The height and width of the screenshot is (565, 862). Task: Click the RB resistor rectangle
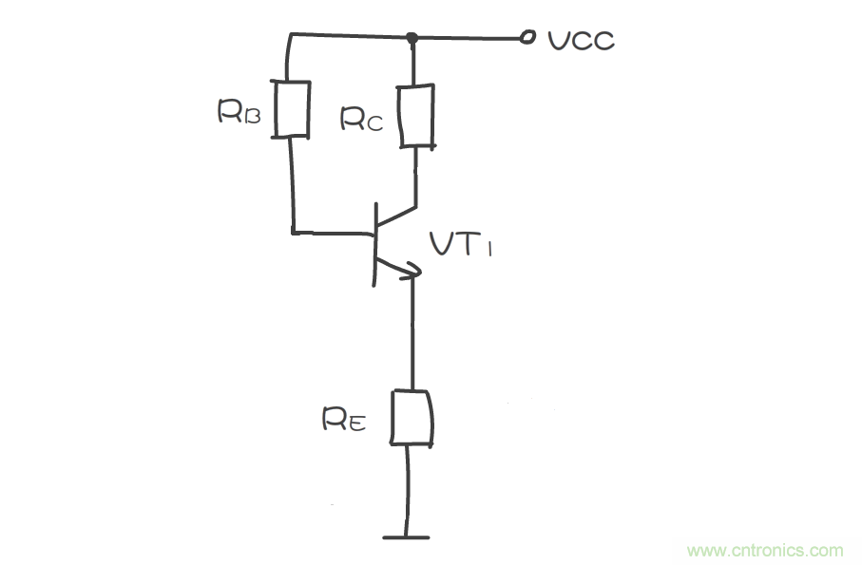[292, 108]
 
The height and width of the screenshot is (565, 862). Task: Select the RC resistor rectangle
[415, 116]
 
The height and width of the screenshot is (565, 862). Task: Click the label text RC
[362, 119]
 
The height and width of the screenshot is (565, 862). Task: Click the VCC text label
[582, 40]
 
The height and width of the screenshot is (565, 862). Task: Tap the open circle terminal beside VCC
[526, 39]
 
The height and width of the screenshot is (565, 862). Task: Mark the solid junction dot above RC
[412, 38]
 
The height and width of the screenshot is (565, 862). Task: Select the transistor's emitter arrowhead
[410, 273]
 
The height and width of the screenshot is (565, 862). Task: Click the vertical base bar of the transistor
[376, 243]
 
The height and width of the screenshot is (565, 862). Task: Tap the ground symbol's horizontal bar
[407, 537]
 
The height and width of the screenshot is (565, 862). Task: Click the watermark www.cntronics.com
[764, 550]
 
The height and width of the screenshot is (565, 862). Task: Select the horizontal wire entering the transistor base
[333, 231]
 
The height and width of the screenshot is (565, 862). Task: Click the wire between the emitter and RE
[413, 332]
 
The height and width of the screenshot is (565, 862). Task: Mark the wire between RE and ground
[408, 489]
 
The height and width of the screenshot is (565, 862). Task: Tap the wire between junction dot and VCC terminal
[466, 39]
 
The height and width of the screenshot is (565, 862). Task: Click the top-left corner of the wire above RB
[287, 36]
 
